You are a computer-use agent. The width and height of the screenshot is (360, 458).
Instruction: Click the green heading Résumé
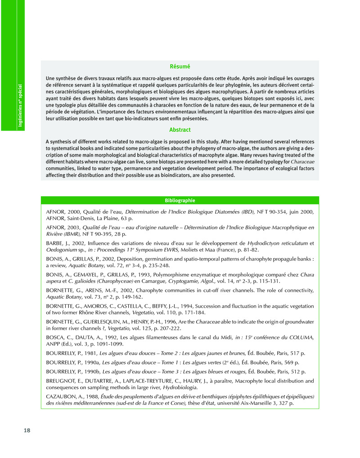pyautogui.click(x=180, y=67)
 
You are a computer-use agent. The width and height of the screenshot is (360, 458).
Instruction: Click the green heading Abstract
pyautogui.click(x=180, y=130)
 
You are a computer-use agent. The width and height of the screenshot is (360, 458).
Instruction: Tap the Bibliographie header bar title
pyautogui.click(x=180, y=200)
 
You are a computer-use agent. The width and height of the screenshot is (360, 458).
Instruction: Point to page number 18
pyautogui.click(x=27, y=431)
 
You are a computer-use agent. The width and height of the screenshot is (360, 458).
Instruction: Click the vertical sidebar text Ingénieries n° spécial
pyautogui.click(x=20, y=105)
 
